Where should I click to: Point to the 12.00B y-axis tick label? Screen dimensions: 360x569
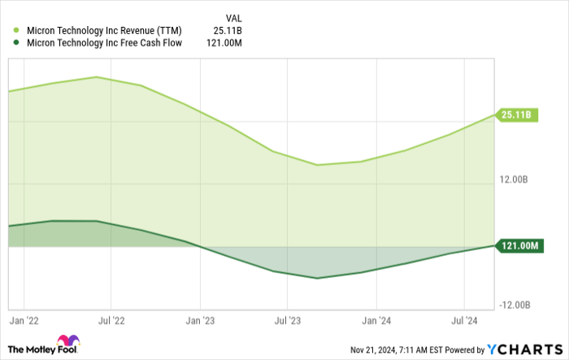[515, 180]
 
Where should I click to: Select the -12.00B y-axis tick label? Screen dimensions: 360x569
[514, 305]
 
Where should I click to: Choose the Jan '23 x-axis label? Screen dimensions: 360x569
[201, 321]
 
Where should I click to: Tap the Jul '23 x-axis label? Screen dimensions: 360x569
[289, 321]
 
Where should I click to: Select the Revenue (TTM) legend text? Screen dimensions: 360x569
[105, 31]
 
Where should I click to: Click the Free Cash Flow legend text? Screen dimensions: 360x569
[105, 43]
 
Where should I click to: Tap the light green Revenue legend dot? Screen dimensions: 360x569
[17, 31]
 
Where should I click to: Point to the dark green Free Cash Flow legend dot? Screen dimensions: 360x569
[17, 43]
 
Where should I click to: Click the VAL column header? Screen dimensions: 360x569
[232, 17]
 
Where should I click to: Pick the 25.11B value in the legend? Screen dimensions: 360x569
[228, 31]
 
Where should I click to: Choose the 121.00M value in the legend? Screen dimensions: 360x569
[224, 43]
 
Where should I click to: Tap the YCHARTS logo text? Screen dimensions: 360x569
[524, 349]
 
